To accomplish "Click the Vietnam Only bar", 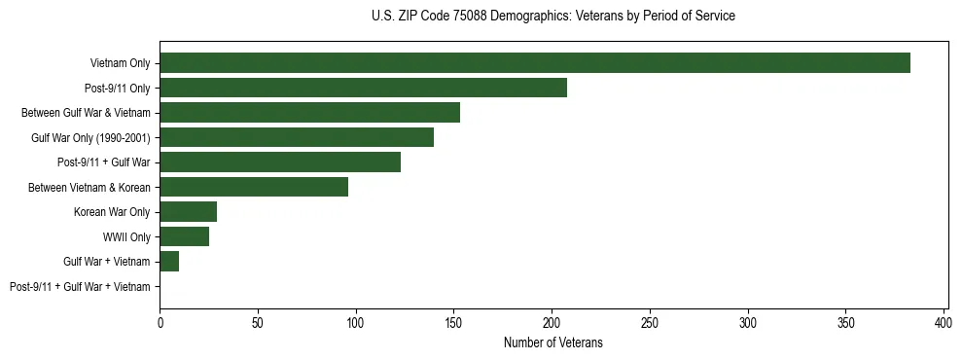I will (535, 63).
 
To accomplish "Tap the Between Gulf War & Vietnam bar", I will (309, 113).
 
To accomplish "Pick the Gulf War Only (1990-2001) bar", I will (297, 137).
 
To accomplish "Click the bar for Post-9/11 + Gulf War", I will (280, 162).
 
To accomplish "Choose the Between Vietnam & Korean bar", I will (254, 187).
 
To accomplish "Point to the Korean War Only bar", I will (189, 212).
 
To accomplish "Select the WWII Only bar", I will (185, 236).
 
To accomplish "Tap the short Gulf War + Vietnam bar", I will (169, 262).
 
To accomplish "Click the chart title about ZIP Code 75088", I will (552, 17).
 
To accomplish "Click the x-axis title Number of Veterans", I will (552, 342).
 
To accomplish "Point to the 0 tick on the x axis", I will (160, 322).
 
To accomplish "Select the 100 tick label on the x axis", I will (356, 322).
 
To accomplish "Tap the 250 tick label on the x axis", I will (650, 322).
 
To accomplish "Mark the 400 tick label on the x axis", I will (944, 322).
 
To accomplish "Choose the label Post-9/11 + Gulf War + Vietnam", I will (80, 287).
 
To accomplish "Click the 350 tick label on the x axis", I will (845, 322).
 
